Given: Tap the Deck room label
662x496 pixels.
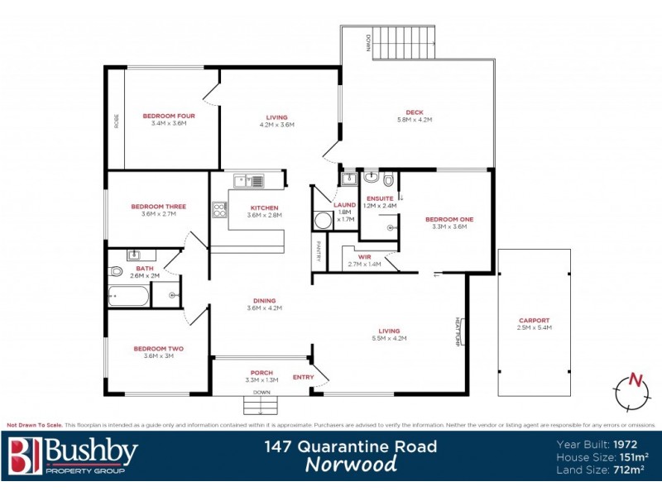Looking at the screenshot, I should point(415,112).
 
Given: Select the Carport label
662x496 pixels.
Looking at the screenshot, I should point(534,321).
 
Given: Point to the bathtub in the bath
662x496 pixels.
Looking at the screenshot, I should point(129,296).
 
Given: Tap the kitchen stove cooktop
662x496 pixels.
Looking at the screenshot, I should point(220,210).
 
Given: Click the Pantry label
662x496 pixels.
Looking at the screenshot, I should point(317,251).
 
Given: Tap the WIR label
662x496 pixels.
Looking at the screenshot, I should point(364,257).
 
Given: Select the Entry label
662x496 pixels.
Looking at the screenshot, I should point(303,377).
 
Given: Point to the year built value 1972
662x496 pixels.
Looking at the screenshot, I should point(630,442).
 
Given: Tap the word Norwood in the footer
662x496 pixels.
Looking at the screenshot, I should point(351,464).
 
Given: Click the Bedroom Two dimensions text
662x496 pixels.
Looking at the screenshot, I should point(158,356).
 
